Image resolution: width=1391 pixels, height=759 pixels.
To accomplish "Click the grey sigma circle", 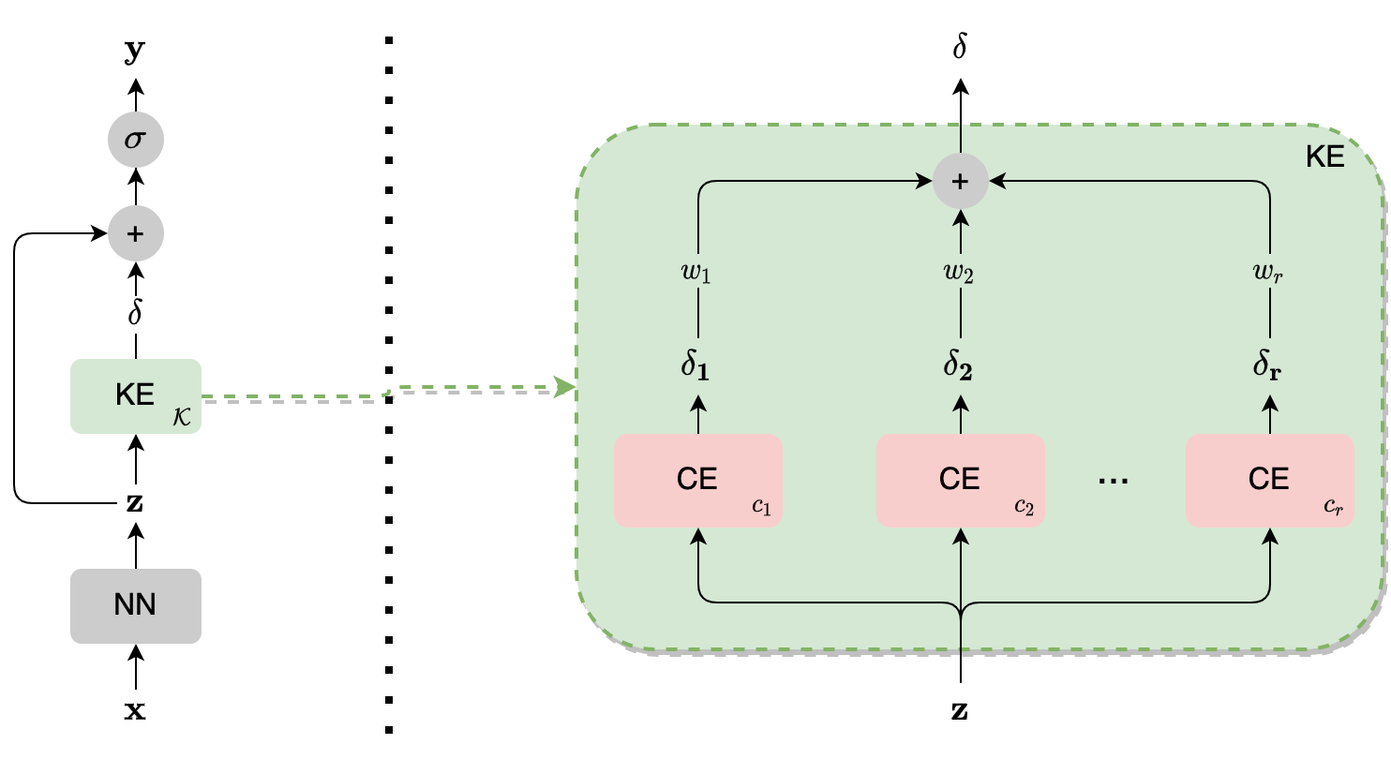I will point(136,141).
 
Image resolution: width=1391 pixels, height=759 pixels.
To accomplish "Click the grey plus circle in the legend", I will point(136,233).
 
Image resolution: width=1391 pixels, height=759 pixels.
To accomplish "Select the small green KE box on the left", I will point(135,395).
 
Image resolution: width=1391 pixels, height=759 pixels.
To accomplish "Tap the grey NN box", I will point(135,605).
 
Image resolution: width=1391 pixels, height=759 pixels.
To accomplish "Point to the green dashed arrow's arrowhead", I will point(565,386).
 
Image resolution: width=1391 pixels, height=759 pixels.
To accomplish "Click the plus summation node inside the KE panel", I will point(961,181).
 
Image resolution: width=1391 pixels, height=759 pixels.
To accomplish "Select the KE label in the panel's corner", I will point(1324,157).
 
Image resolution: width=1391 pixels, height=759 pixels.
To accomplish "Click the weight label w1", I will point(695,275).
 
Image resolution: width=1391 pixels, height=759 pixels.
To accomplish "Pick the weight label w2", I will point(958,275).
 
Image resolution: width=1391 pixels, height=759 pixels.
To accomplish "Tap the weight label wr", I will point(1267,275).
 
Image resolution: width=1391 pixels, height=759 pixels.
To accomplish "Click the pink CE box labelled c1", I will point(697,480).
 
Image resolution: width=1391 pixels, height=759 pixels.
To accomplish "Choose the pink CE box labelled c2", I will point(960,480).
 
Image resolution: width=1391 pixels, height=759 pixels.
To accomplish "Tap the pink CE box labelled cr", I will point(1269,480).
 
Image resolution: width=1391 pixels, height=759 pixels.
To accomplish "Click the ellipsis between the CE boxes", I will point(1114,481).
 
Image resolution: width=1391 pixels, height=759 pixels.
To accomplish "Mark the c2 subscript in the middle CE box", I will point(1024,508).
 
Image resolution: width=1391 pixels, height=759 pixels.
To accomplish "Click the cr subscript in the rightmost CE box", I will point(1333,508).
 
